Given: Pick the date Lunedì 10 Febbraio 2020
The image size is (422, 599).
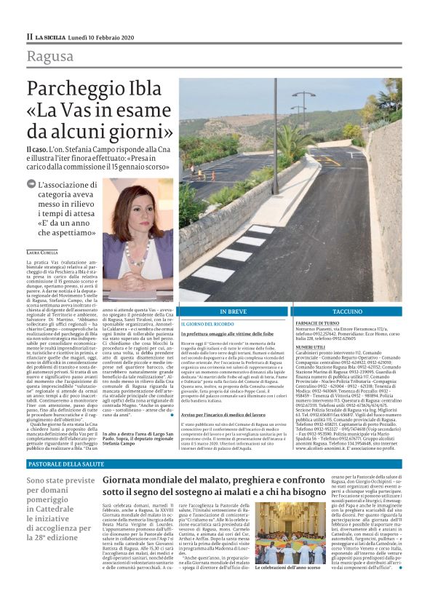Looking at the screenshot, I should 97,36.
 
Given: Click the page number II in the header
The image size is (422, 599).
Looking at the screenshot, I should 29,36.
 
